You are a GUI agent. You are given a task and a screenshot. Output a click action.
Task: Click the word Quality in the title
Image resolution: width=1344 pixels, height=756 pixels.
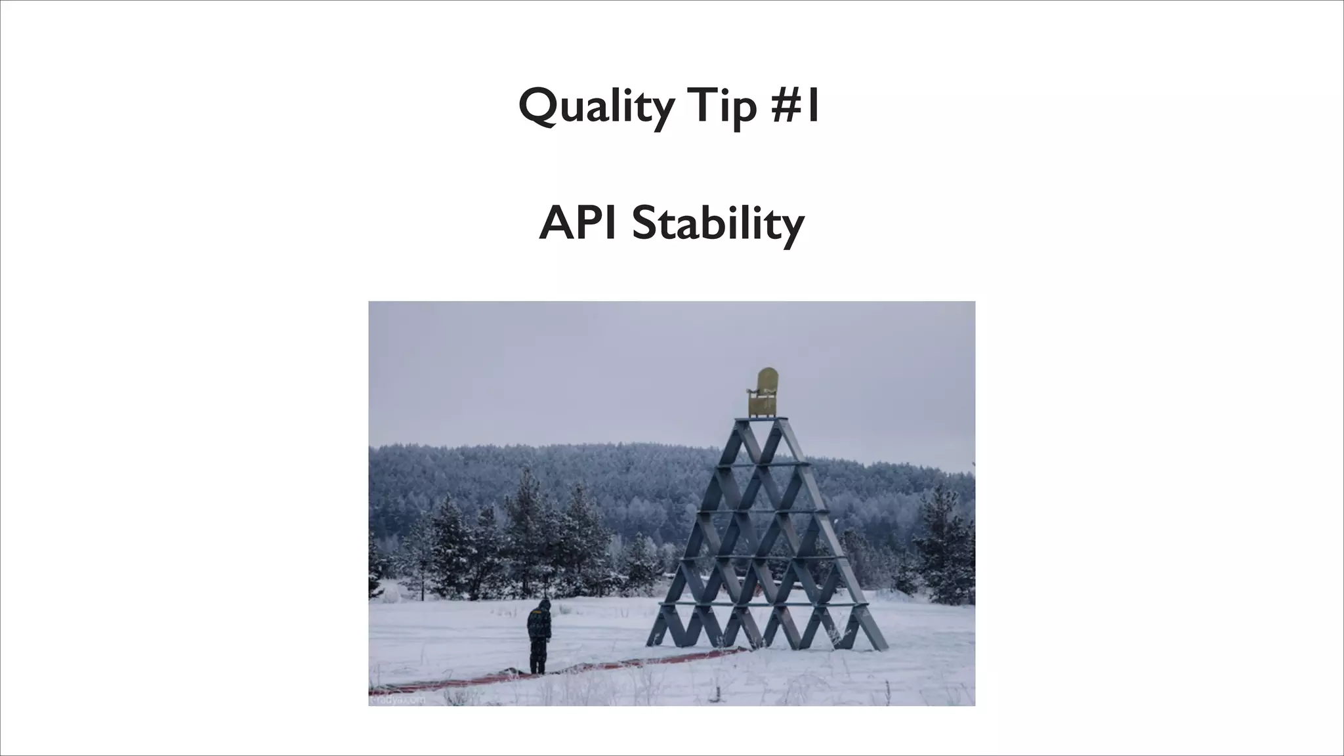[595, 107]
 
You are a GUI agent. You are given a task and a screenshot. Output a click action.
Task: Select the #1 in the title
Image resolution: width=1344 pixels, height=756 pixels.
[795, 107]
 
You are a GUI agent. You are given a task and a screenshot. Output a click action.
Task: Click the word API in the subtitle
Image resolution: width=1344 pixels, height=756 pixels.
[577, 223]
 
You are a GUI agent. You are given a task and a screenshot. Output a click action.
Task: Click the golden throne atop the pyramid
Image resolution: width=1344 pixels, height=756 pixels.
[763, 394]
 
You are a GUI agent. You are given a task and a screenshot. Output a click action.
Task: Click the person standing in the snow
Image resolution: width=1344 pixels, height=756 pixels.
[538, 635]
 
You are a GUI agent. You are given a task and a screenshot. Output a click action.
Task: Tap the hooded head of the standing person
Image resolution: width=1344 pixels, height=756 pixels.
[543, 605]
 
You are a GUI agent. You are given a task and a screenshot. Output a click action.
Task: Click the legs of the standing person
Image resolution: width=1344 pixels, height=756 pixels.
[537, 657]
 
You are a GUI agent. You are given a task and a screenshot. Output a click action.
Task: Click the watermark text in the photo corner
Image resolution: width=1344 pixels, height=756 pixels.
[397, 700]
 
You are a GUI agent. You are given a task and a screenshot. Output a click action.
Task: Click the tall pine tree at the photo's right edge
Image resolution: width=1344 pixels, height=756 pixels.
[945, 545]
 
